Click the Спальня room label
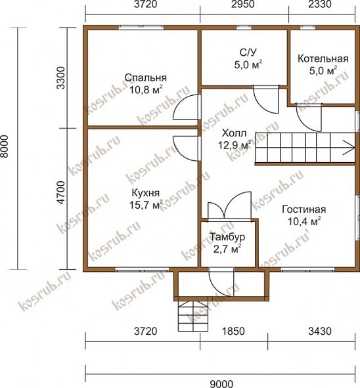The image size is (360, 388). click(x=145, y=77)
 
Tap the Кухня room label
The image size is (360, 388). click(x=146, y=193)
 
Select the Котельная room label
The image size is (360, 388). click(x=323, y=59)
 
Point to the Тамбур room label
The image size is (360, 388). click(x=227, y=237)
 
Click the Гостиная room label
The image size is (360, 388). click(x=304, y=209)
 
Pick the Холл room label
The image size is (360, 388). click(x=235, y=133)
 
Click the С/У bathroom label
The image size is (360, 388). click(x=248, y=53)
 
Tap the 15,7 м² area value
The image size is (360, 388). click(x=146, y=205)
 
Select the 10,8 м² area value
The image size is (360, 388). click(x=146, y=89)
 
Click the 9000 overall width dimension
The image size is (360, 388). click(x=221, y=384)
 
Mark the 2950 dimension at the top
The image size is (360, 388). click(x=243, y=5)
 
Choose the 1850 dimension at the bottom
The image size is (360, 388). click(x=233, y=331)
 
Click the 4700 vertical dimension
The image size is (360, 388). click(x=61, y=193)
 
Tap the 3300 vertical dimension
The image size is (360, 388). click(x=61, y=78)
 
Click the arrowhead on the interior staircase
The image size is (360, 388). click(x=349, y=148)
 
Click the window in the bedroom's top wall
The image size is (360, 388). click(x=141, y=28)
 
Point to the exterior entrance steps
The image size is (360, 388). click(x=193, y=316)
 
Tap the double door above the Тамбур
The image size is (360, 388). click(x=229, y=205)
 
